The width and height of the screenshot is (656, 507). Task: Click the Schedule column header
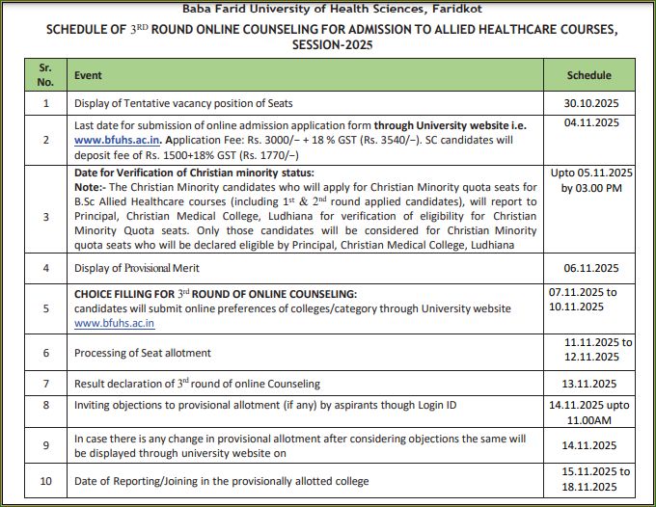588,75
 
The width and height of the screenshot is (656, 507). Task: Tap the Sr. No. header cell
44,75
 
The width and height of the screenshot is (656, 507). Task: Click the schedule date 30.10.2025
590,103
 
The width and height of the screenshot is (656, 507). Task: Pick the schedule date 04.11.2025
589,123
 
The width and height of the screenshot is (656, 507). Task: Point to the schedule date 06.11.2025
590,269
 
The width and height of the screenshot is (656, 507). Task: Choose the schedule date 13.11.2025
590,383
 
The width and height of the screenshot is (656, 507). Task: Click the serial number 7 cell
44,383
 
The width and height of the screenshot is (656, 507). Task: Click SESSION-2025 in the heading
327,44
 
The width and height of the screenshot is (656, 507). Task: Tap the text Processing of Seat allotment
143,353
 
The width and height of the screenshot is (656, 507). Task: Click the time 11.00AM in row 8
590,417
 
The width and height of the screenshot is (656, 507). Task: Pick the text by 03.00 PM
590,188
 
